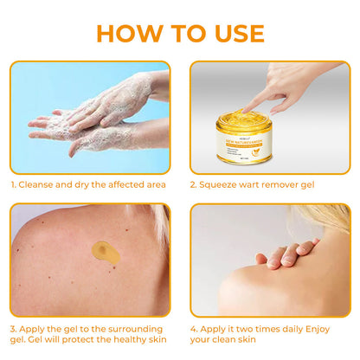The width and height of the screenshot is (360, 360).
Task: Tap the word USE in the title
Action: (x=236, y=33)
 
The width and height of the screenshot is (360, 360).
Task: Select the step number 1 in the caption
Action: (x=13, y=184)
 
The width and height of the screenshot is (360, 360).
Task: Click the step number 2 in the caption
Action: (x=193, y=184)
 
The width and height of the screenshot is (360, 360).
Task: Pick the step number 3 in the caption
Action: (x=13, y=330)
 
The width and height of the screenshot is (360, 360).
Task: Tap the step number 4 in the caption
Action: (x=193, y=330)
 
